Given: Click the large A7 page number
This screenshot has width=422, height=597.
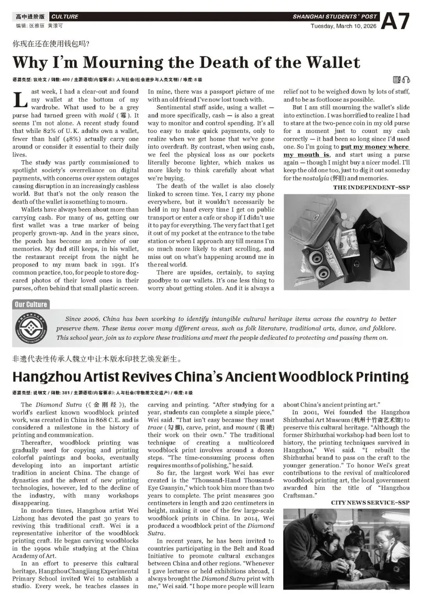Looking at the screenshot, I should tap(395, 21).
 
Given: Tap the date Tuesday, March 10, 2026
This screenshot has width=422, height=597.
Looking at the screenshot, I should tap(343, 26).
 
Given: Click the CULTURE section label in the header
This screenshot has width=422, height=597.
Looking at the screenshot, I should tap(65, 17).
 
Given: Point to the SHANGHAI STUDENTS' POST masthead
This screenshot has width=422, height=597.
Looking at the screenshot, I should tap(334, 16).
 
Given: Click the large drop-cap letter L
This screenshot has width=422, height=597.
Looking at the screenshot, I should tap(20, 100).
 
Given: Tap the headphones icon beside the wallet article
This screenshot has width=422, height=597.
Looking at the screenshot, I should tap(406, 80).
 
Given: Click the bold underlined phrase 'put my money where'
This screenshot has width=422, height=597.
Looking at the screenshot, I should tap(374, 147).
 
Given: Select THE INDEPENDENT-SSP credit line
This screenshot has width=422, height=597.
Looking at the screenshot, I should tap(371, 187).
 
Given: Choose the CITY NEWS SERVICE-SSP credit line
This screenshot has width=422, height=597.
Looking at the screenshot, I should tap(370, 502).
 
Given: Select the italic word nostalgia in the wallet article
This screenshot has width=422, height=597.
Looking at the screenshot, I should tap(316, 178).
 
